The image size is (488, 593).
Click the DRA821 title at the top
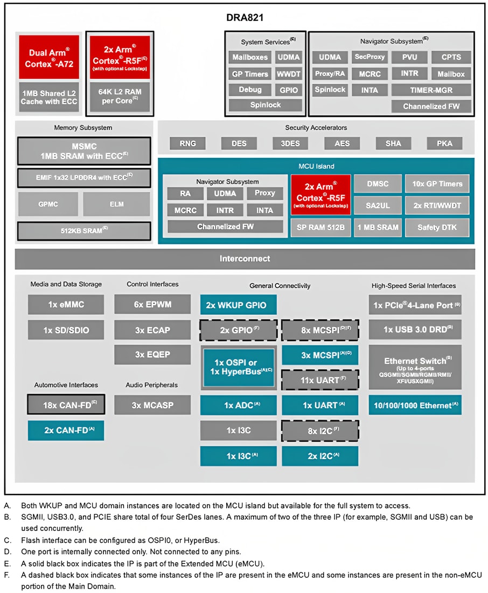coord(244,18)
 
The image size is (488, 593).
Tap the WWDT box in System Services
coord(289,73)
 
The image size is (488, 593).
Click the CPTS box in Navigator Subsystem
coord(451,57)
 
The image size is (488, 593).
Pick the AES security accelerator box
coord(341,143)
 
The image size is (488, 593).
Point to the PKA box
coord(444,143)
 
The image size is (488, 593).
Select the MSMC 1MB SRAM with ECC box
coord(83,151)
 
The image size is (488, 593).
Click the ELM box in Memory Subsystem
coord(116,204)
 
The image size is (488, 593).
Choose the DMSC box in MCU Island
coord(377,184)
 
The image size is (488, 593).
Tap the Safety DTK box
coord(437,227)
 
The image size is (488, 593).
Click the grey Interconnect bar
coord(245,259)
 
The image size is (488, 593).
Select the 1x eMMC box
coord(66,305)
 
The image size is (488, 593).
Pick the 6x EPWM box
coord(152,305)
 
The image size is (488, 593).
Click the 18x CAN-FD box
coord(66,404)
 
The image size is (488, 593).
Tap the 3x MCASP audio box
coord(152,404)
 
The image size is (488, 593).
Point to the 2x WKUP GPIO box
coord(238,305)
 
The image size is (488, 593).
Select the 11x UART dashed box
coord(320,380)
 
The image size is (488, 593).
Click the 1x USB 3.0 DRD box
coord(415,329)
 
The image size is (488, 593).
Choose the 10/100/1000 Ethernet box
coord(415,404)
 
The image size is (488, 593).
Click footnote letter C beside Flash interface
coord(7,540)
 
